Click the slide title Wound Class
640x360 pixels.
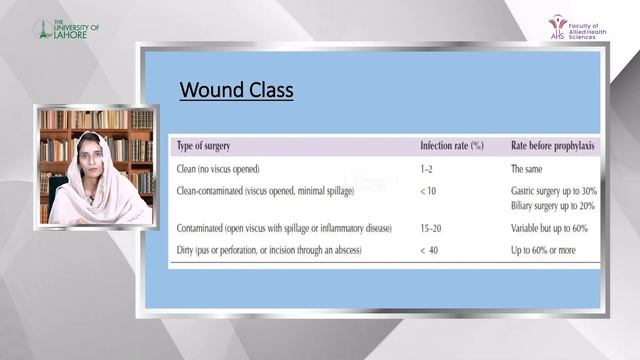click(236, 92)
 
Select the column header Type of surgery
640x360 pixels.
click(210, 146)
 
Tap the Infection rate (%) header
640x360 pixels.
click(451, 146)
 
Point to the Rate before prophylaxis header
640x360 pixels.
click(553, 146)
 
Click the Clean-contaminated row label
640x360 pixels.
click(270, 190)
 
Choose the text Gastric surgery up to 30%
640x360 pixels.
click(553, 190)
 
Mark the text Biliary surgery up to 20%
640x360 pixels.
click(553, 207)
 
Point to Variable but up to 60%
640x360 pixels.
click(553, 228)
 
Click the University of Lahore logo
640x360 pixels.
click(66, 29)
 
